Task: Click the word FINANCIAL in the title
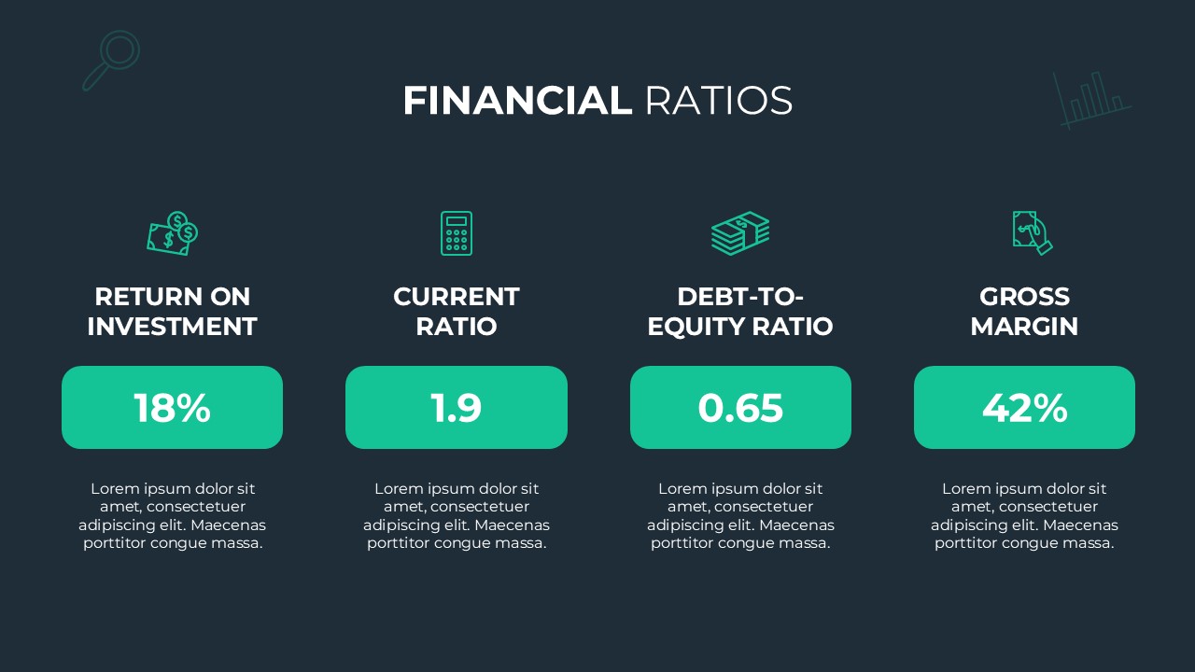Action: point(516,101)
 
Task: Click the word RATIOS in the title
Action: point(718,101)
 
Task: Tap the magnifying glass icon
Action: point(111,60)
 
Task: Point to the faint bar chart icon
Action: point(1091,99)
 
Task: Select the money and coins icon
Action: point(173,233)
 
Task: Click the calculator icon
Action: point(457,233)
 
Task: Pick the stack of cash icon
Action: point(740,233)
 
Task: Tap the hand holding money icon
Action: point(1032,232)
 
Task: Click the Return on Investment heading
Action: point(172,312)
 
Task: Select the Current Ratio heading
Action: point(457,312)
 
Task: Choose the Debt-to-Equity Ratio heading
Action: point(740,312)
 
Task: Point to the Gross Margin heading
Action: point(1024,312)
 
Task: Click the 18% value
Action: point(172,408)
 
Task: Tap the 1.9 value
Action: point(457,408)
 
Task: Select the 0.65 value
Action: point(740,408)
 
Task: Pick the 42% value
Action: point(1024,408)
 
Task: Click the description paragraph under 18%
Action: point(172,515)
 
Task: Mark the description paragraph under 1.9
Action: point(457,515)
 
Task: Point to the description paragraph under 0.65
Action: point(740,515)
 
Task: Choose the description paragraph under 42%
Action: point(1024,515)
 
